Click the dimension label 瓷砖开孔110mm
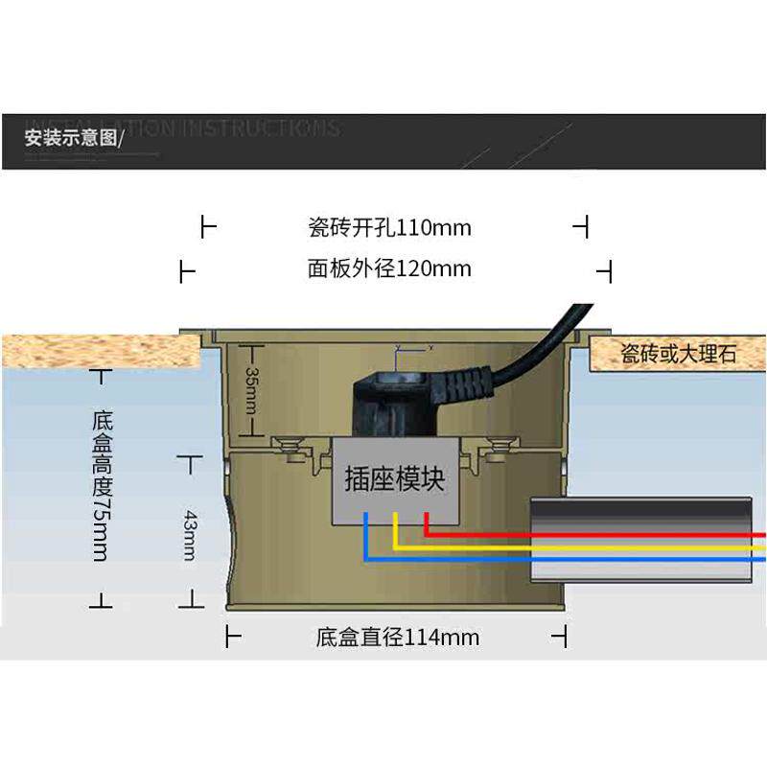(389, 228)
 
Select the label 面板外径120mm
(389, 269)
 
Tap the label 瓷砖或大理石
(679, 355)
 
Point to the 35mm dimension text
(251, 388)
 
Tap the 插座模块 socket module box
(395, 478)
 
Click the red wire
(594, 532)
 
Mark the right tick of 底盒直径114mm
(566, 637)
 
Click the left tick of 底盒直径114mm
(229, 637)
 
